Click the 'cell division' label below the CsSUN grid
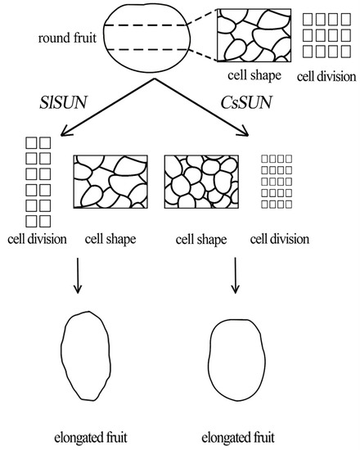coord(280,241)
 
